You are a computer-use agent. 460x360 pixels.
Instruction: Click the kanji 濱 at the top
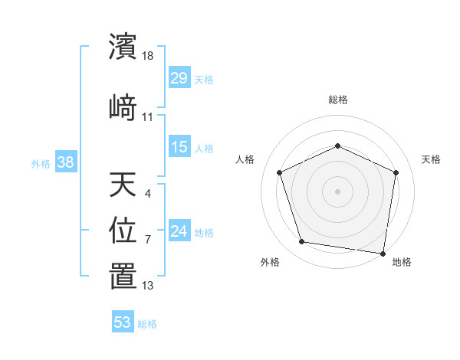(x=123, y=47)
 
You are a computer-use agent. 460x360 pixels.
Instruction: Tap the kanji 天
(x=123, y=186)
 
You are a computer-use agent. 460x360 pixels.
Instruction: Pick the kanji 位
(x=123, y=230)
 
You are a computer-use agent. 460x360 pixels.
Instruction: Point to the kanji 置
(x=123, y=276)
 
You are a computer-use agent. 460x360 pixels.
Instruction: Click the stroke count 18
(x=149, y=56)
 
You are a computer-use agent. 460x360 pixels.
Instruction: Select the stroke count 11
(x=148, y=116)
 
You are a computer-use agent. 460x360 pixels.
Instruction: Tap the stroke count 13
(x=148, y=286)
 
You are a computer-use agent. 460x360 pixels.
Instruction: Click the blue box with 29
(x=179, y=77)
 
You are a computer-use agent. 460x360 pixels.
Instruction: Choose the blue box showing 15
(x=179, y=147)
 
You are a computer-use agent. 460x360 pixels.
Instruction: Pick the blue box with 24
(x=179, y=231)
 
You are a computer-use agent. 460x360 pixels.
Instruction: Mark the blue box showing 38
(x=65, y=162)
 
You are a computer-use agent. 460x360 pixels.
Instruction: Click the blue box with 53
(x=123, y=322)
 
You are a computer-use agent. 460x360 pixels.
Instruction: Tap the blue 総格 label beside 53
(x=147, y=324)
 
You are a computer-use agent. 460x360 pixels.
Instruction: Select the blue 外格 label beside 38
(x=41, y=163)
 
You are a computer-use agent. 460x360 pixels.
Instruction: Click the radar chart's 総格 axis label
(x=337, y=100)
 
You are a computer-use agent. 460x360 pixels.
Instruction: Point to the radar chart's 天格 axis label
(x=431, y=159)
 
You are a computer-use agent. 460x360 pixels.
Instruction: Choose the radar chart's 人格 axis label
(x=245, y=159)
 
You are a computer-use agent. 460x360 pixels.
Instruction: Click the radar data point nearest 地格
(x=383, y=253)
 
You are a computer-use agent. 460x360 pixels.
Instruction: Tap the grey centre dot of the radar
(x=337, y=191)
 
